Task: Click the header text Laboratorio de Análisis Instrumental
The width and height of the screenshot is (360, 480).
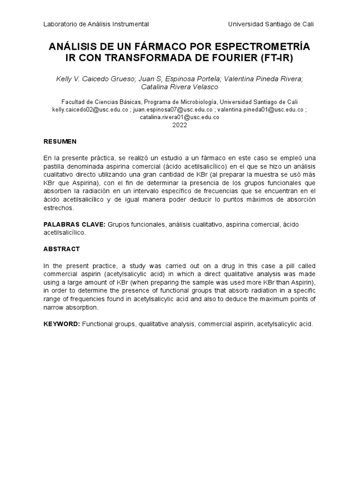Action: pos(96,24)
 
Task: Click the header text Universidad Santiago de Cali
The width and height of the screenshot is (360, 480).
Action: pos(270,24)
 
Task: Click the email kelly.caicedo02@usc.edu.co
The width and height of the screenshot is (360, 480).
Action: pos(90,109)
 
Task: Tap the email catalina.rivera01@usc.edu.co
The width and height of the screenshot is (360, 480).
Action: pos(180,117)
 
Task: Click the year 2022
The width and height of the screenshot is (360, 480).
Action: pos(180,125)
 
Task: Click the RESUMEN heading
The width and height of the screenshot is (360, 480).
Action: pos(60,142)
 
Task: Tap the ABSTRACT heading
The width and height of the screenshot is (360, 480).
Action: pos(61,249)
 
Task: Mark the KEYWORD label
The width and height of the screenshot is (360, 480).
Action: pos(62,324)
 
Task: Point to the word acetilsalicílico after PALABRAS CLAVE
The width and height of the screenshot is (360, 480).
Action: pos(66,233)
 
